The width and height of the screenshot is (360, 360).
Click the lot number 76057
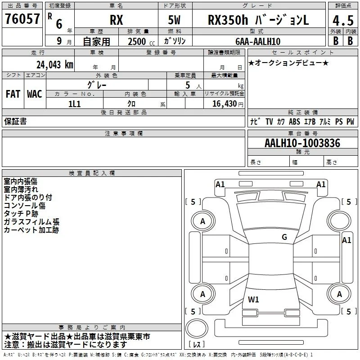coord(22,18)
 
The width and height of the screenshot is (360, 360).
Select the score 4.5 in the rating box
coord(343,20)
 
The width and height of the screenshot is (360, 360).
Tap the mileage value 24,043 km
coord(54,65)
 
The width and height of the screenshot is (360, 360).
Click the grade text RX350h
coord(228,20)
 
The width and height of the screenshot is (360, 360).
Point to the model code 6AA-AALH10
coord(258,41)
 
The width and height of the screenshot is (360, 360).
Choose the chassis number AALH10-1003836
coord(302,143)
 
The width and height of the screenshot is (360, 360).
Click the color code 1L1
coord(75,104)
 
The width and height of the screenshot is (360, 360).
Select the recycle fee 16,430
coord(224,103)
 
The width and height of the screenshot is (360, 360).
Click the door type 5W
coord(174,20)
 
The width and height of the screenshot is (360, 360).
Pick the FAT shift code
coord(13,94)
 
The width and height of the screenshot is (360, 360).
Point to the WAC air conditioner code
coord(35,94)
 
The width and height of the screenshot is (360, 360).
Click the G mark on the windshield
coord(284,237)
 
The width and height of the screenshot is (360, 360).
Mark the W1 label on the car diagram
coord(253,299)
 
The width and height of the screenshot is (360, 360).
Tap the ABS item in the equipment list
coord(294,121)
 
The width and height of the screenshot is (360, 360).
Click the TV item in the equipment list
coord(269,121)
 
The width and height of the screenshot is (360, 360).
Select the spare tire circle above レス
coord(197,328)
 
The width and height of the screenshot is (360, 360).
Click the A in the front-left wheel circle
coord(202,221)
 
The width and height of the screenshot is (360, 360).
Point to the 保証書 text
coord(15,121)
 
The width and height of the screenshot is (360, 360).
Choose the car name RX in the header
coord(117,20)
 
